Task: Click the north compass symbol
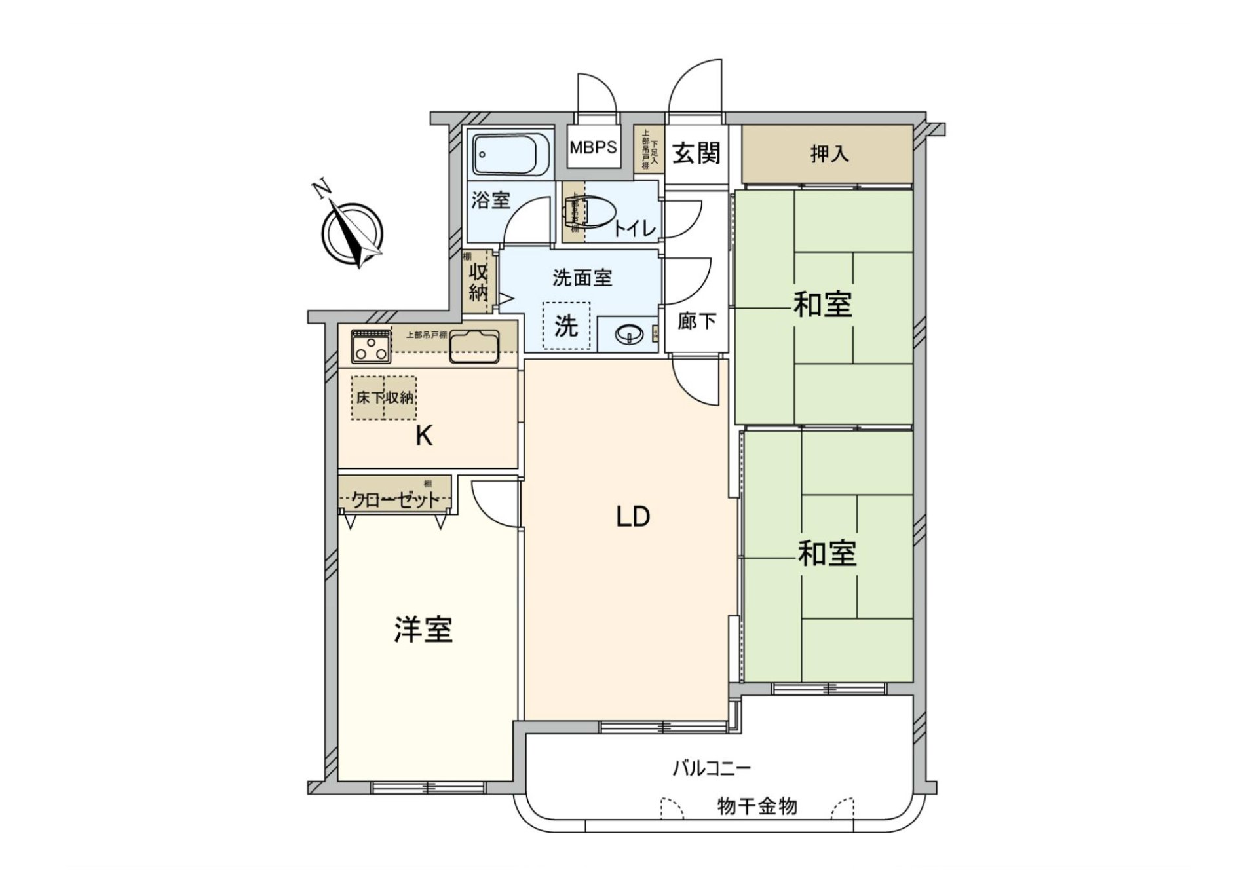(352, 233)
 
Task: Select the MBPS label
(593, 147)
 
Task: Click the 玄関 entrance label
(696, 153)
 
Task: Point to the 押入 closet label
(829, 154)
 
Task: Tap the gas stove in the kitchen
(371, 347)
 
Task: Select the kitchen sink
(474, 347)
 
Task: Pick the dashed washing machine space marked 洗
(566, 326)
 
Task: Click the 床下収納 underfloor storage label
(385, 397)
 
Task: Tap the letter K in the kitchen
(424, 436)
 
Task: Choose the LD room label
(632, 518)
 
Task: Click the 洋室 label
(423, 630)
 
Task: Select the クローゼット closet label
(396, 501)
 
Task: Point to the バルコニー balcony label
(711, 768)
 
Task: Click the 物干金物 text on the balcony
(757, 806)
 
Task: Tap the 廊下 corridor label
(696, 322)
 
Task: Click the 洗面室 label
(582, 278)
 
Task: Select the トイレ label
(634, 229)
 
